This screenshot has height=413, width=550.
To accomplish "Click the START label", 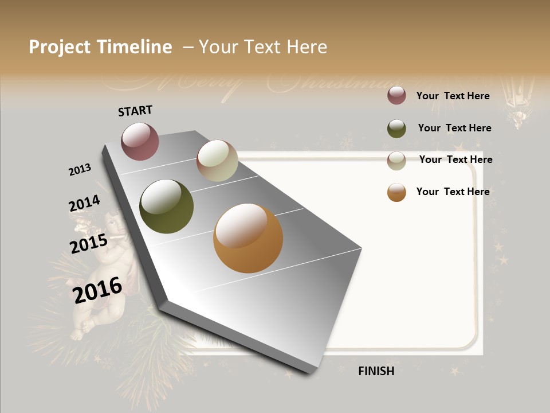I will click(135, 111).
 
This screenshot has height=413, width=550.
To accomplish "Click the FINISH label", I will click(376, 371).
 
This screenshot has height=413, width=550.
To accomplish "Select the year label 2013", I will click(80, 170).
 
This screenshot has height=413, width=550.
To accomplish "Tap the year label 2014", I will click(84, 204).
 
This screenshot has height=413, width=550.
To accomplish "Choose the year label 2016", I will click(97, 290).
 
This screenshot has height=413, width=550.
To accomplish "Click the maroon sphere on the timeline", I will click(140, 141).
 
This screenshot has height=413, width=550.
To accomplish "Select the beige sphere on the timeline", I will click(217, 161).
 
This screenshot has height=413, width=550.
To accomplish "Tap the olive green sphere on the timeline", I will click(166, 206).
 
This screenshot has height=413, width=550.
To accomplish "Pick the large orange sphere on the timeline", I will click(247, 238).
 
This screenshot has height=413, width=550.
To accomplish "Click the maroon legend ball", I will click(396, 96).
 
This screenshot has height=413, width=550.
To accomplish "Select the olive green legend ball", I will click(396, 128).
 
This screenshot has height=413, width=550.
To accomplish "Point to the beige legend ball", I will click(396, 161).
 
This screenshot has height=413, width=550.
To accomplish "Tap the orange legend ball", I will click(396, 193).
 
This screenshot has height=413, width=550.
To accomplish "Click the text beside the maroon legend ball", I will click(453, 96).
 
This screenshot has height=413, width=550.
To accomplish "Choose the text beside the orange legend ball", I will click(453, 192).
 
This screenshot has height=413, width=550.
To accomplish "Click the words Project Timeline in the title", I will click(100, 47).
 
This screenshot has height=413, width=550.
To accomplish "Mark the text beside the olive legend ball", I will click(454, 128).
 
